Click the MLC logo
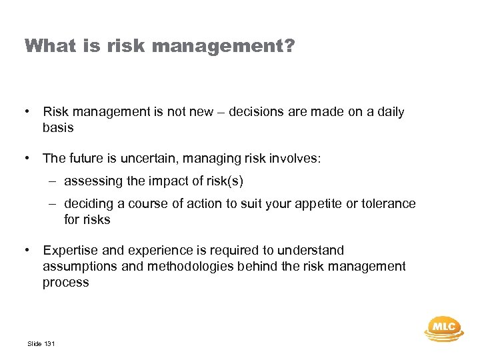(443, 327)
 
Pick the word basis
(58, 127)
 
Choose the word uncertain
(153, 159)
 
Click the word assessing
(92, 181)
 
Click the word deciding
(88, 204)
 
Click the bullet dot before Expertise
(28, 251)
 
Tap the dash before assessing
(52, 181)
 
